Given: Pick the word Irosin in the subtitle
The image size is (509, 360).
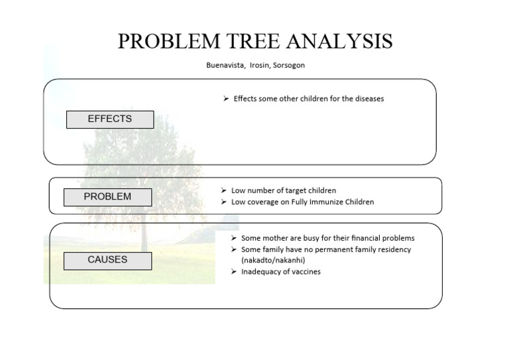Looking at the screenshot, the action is point(256,66).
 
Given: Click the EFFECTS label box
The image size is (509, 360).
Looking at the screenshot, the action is point(110,119).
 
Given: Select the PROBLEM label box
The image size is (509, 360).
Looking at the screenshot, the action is point(107,197).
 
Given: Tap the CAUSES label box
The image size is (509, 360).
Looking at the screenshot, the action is point(107,261).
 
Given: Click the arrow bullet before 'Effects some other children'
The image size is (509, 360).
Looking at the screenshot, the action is point(225,99).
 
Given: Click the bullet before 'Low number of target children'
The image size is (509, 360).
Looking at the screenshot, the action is point(224,191).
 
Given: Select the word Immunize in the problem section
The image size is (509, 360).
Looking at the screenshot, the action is point(324,202).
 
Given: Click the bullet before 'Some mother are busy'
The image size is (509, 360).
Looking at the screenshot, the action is point(234,238).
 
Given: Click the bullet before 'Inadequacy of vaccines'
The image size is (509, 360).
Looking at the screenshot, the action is point(234,272).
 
